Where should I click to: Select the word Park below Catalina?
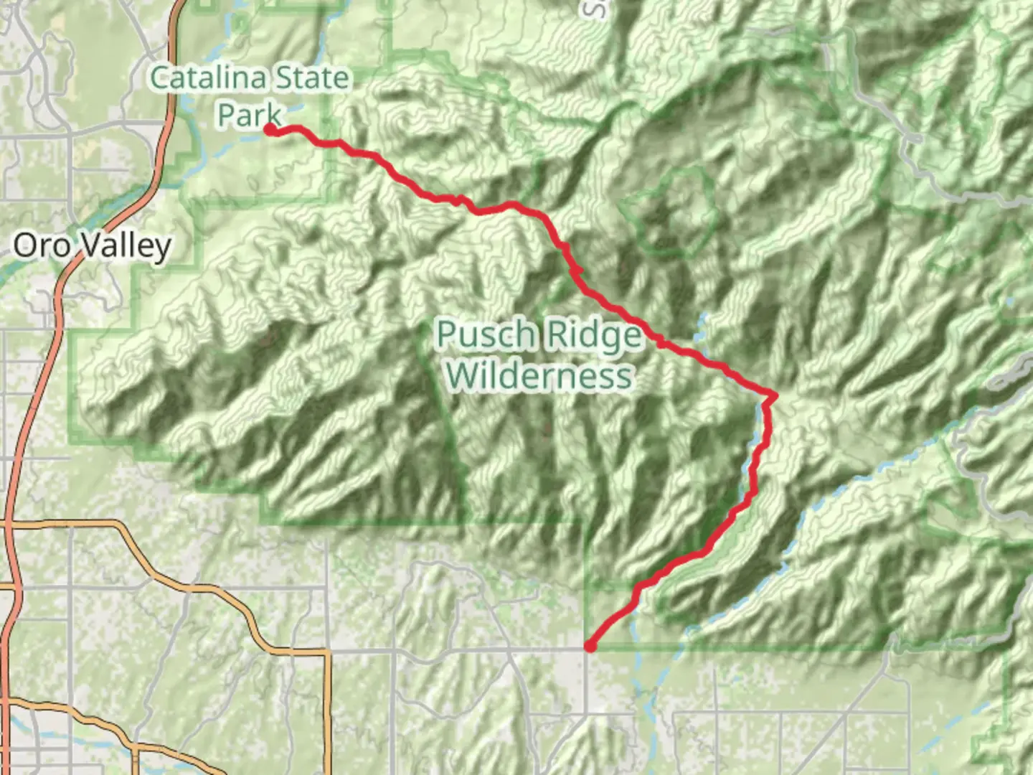coord(249,115)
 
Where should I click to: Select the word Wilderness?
coord(539,375)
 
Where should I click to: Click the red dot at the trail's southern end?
coord(590,647)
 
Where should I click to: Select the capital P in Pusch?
coord(447,335)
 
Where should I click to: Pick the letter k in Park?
coord(273,115)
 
